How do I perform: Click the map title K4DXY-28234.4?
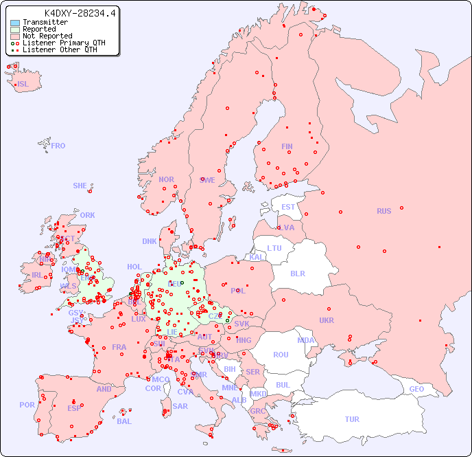tap(80, 12)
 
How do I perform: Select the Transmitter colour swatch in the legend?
tap(15, 22)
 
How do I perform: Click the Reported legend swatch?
tap(15, 29)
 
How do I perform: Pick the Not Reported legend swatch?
tap(15, 36)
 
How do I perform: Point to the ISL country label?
tap(23, 85)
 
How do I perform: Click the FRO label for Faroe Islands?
tap(58, 146)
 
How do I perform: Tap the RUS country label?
tap(383, 211)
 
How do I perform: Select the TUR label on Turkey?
tap(352, 419)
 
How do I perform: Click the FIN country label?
tap(287, 146)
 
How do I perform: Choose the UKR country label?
tap(327, 320)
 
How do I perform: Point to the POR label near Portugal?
tap(27, 405)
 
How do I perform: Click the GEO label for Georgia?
tap(416, 389)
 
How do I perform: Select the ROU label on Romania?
tap(281, 355)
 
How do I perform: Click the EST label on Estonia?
tap(288, 207)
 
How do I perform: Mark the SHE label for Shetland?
tap(80, 186)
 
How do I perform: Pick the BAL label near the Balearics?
tap(124, 421)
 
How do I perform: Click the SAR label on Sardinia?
tap(180, 405)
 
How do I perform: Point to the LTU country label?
tap(274, 248)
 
